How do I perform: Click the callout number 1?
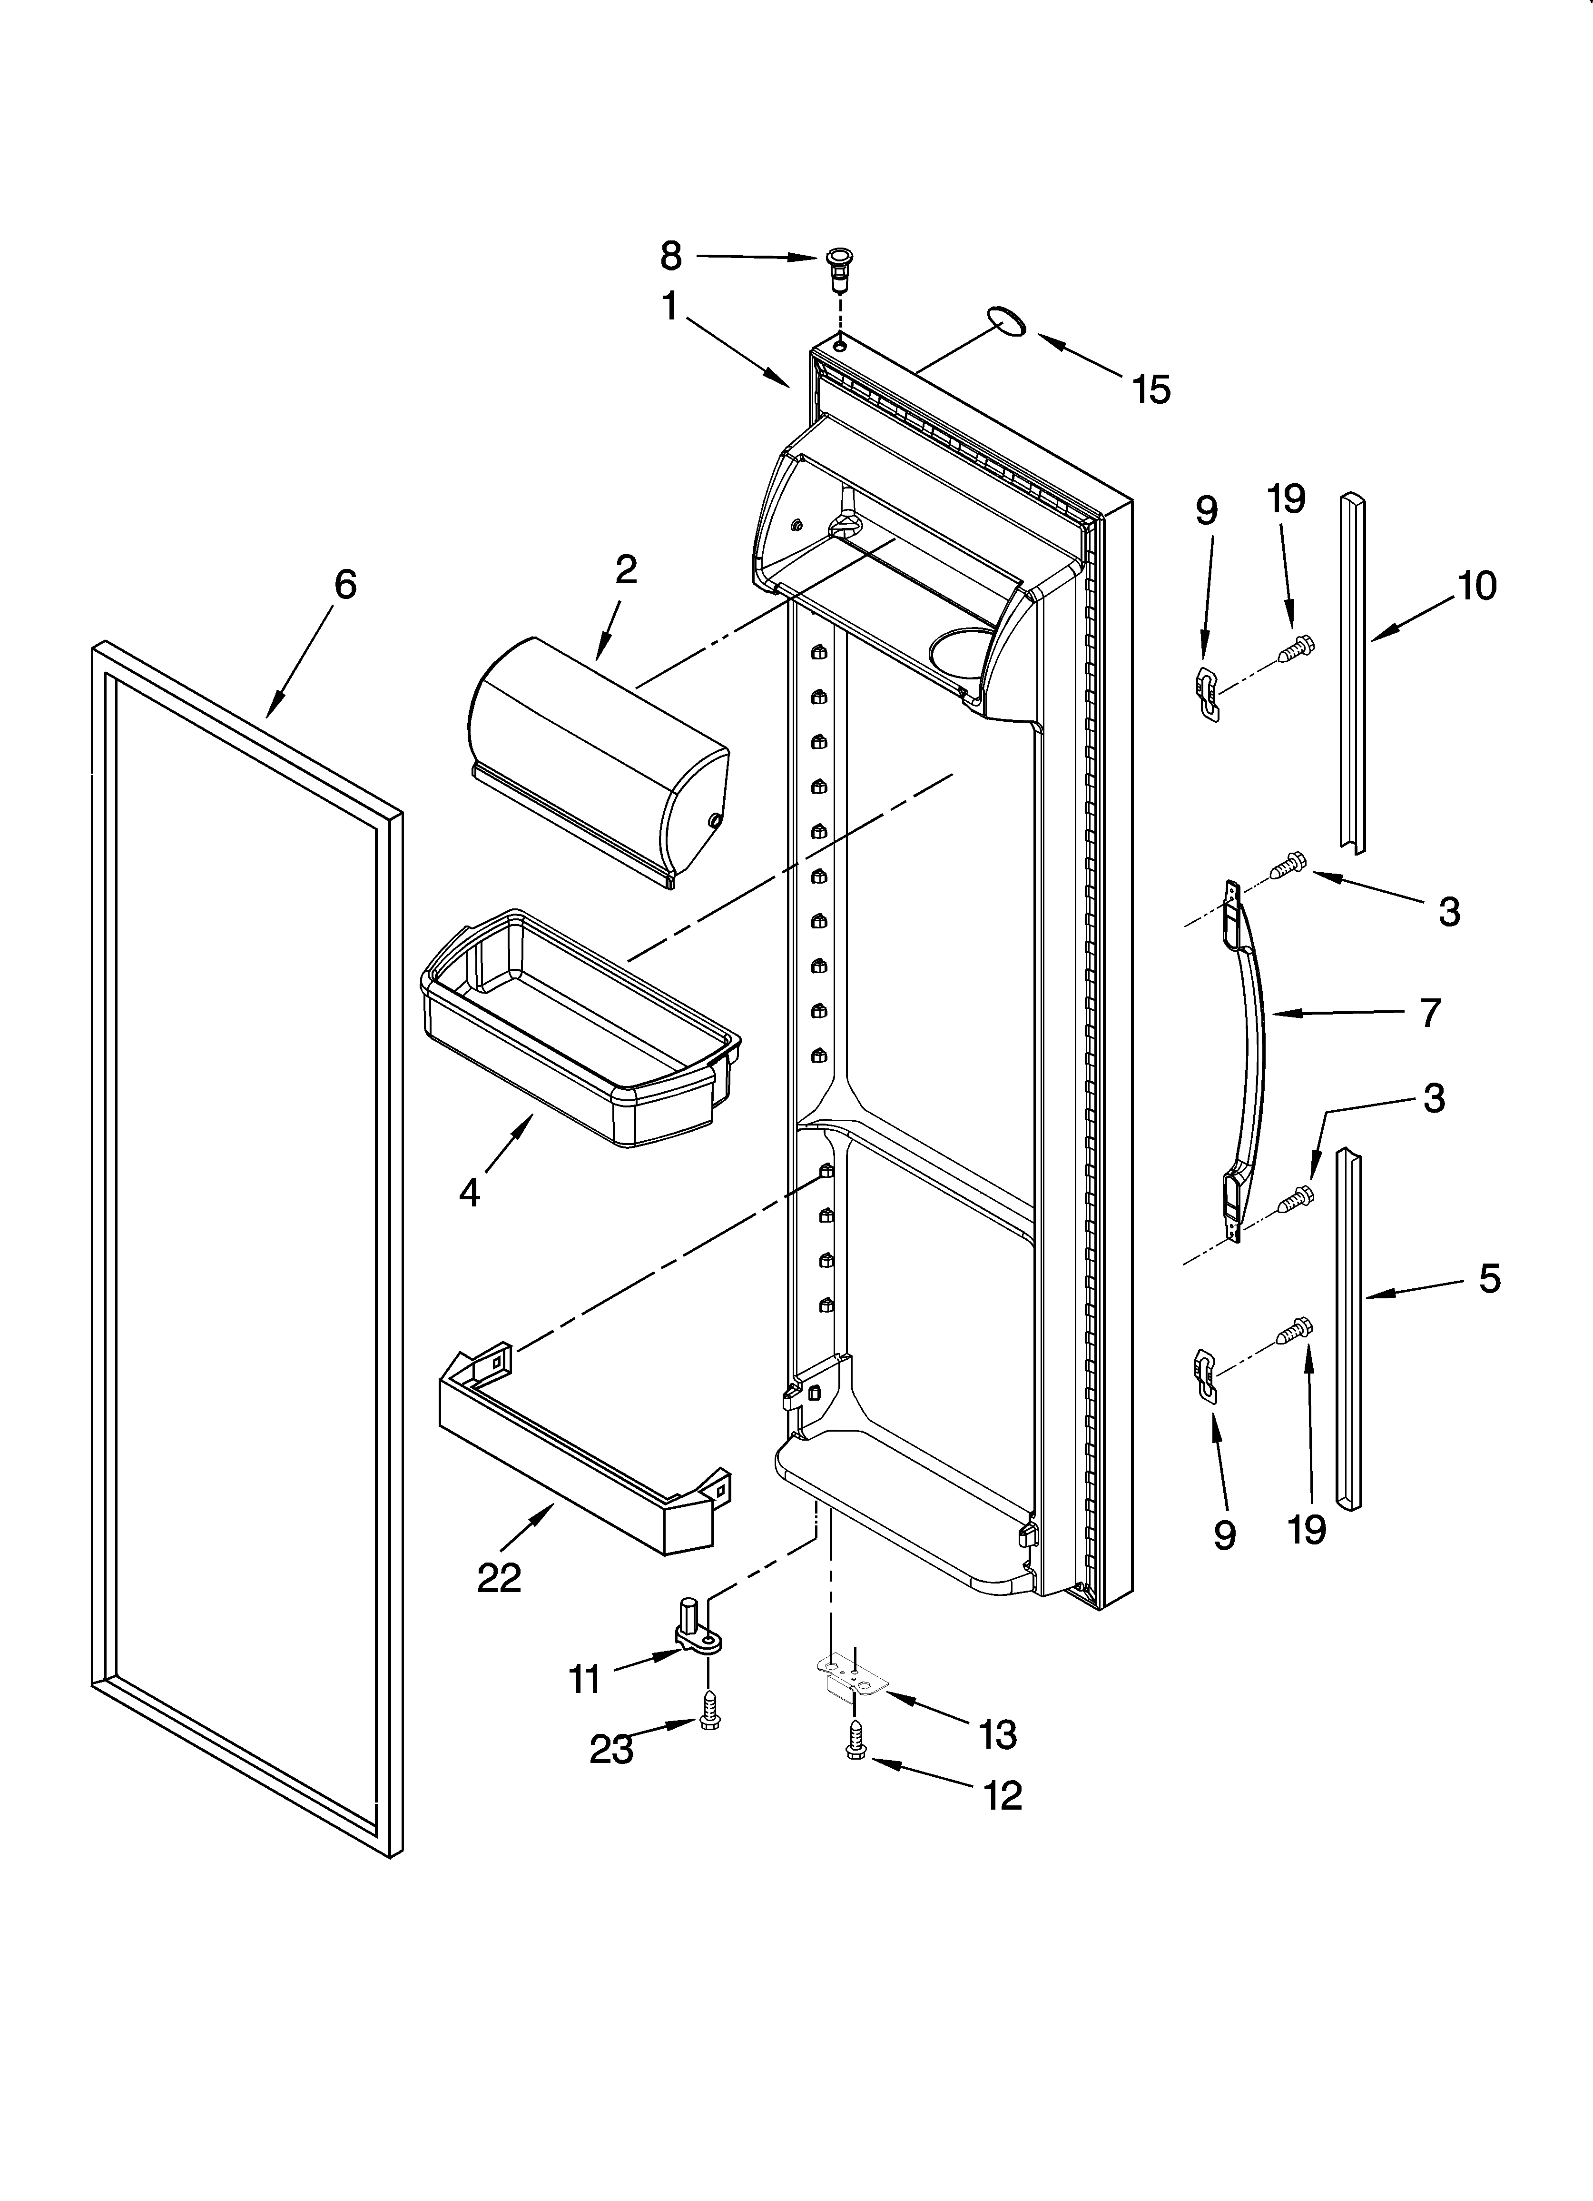pos(669,307)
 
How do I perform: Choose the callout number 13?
pos(997,1735)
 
